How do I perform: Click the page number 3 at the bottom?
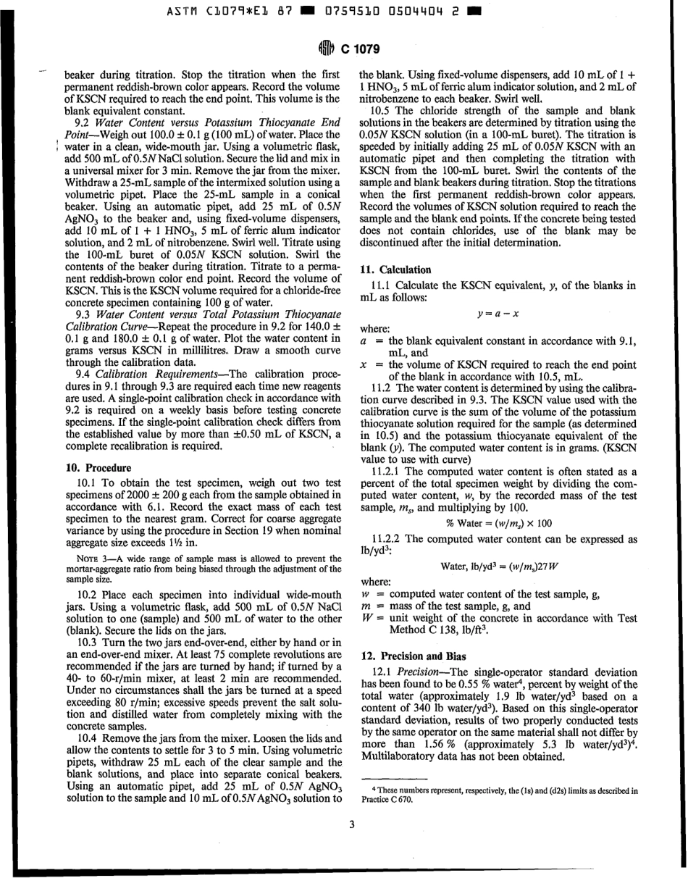click(351, 822)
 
